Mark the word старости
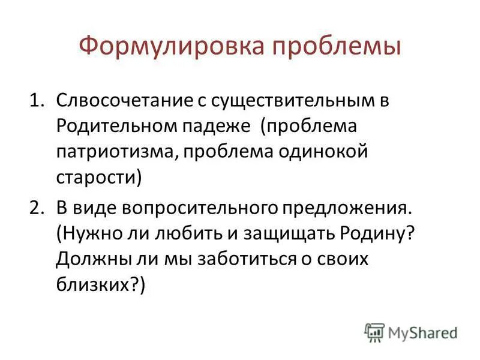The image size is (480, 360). [x=96, y=178]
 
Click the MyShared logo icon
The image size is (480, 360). [x=375, y=332]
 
